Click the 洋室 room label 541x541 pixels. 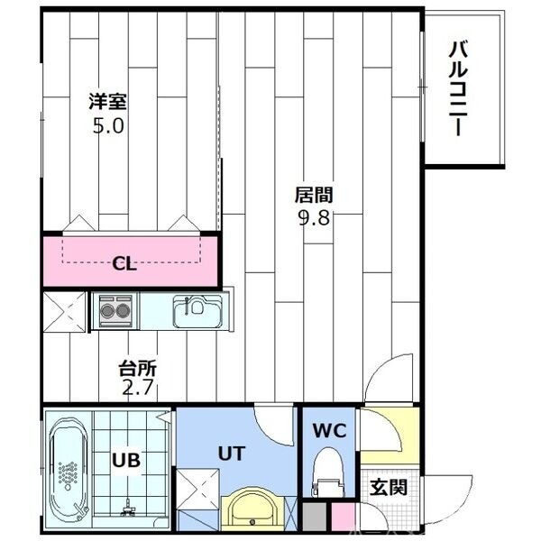(106, 100)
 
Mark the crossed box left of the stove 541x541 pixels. (65, 312)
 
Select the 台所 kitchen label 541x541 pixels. (139, 369)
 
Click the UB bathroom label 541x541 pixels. (125, 460)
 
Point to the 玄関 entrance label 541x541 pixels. (389, 488)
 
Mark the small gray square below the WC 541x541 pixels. (313, 518)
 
